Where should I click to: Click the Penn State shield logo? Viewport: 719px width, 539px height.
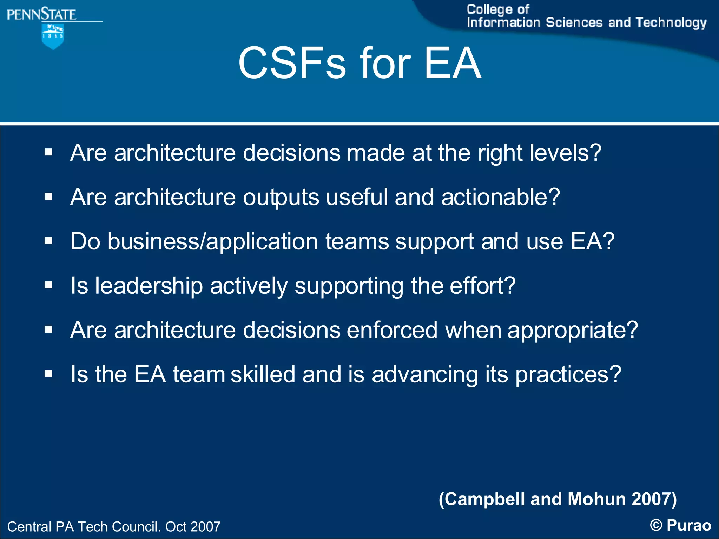[53, 36]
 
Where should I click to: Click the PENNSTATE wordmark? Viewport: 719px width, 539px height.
[41, 15]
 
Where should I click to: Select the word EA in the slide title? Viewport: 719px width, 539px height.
[453, 64]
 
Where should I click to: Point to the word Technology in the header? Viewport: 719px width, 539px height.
[671, 23]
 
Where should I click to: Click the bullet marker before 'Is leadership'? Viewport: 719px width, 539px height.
[49, 285]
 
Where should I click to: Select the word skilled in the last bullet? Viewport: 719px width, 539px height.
[263, 374]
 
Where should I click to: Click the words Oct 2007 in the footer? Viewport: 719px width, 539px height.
[193, 527]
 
